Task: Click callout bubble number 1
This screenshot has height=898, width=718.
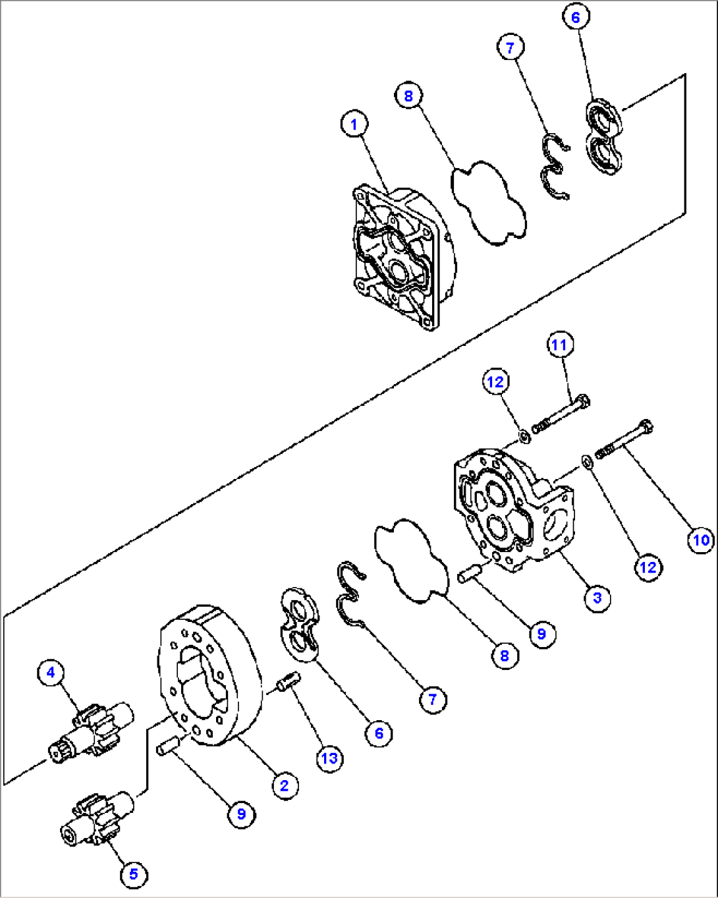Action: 354,124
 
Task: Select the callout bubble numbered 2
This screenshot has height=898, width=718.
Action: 284,785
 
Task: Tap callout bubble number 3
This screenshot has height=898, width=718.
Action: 597,598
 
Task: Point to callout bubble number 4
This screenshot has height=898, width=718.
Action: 51,673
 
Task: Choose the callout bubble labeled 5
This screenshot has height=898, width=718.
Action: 134,874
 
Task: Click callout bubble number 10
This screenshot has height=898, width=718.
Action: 701,540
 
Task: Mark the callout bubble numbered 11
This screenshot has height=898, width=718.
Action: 559,345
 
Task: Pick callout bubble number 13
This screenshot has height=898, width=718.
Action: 329,758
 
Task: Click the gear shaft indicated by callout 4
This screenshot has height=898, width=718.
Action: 92,731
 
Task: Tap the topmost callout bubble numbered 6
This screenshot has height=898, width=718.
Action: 575,17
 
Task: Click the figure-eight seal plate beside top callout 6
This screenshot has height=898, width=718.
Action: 604,137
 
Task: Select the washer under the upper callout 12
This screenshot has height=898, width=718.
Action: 524,436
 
